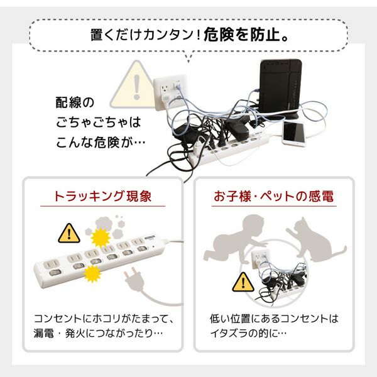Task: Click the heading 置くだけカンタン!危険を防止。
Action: click(x=189, y=35)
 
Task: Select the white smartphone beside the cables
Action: click(x=294, y=134)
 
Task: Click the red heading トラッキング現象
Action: click(x=102, y=196)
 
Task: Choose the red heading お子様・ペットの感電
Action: click(x=273, y=196)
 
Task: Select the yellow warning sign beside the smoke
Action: click(x=69, y=234)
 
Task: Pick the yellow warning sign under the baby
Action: click(x=243, y=283)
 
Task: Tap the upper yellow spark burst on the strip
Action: click(x=101, y=238)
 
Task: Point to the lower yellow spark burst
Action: click(x=92, y=274)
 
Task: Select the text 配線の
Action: click(x=75, y=102)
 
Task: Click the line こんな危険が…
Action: click(x=101, y=143)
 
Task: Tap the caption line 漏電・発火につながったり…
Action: click(x=99, y=334)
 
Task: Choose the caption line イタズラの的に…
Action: click(x=248, y=334)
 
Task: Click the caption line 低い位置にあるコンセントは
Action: click(x=274, y=319)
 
